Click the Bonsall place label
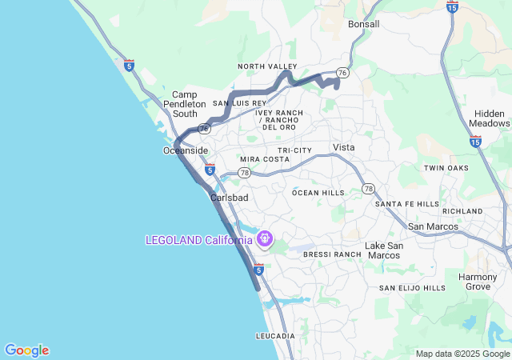click(x=364, y=25)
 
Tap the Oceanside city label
click(x=186, y=150)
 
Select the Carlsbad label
click(x=230, y=198)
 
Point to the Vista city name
click(x=343, y=147)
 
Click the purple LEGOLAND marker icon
click(x=265, y=239)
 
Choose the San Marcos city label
click(x=432, y=226)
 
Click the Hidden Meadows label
click(x=490, y=118)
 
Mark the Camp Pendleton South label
click(x=185, y=104)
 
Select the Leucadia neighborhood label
click(x=275, y=336)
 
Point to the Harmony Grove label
click(x=478, y=282)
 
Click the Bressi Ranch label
click(x=333, y=254)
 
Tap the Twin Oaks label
click(x=446, y=168)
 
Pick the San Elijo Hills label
click(x=412, y=288)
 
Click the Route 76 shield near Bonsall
click(x=342, y=72)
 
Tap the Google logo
click(x=26, y=350)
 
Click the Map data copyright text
click(x=462, y=354)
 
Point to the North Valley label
click(x=267, y=66)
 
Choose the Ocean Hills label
click(x=318, y=193)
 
